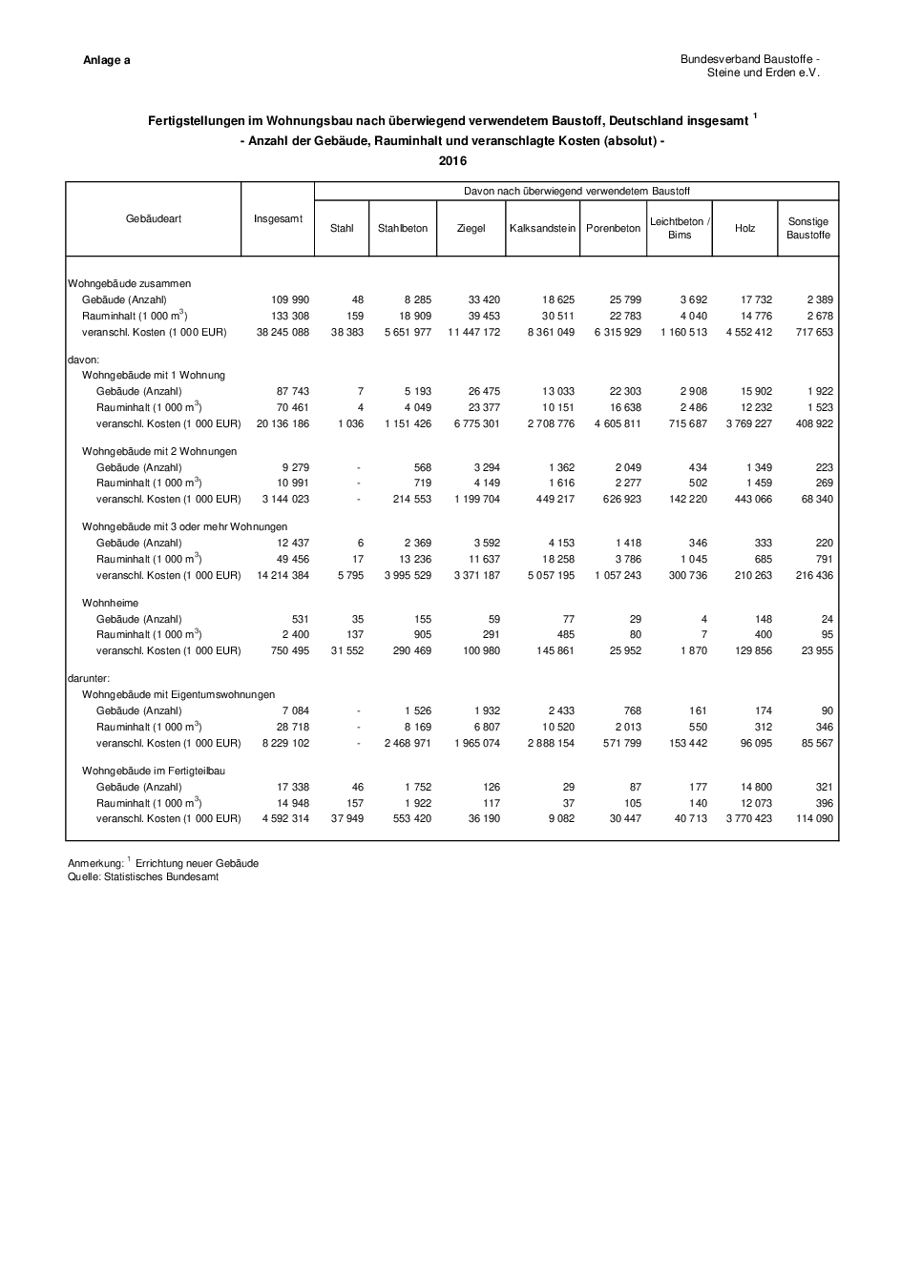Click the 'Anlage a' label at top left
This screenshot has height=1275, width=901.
(107, 60)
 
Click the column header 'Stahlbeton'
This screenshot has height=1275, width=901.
(403, 228)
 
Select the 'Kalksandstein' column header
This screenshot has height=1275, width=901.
(542, 228)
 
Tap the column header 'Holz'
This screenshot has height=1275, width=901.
(745, 228)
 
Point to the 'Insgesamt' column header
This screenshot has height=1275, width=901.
(278, 219)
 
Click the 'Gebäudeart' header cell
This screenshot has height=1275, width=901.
(154, 219)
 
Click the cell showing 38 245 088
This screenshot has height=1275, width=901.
(283, 332)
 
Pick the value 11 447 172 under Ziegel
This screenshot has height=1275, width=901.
(473, 332)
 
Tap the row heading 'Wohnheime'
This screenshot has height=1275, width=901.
(110, 603)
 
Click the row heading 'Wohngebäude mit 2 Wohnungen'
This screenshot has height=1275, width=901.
(159, 451)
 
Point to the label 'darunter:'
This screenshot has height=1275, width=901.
(90, 678)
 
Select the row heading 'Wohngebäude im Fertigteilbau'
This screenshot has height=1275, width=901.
(154, 771)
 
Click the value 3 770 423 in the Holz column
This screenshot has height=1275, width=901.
(748, 818)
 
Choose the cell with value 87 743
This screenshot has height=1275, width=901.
(290, 391)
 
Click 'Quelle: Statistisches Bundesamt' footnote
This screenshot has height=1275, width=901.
(143, 876)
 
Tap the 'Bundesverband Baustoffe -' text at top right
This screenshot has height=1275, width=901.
(749, 59)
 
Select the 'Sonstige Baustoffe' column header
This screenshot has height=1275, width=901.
(808, 228)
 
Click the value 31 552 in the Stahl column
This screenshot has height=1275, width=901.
(346, 650)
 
